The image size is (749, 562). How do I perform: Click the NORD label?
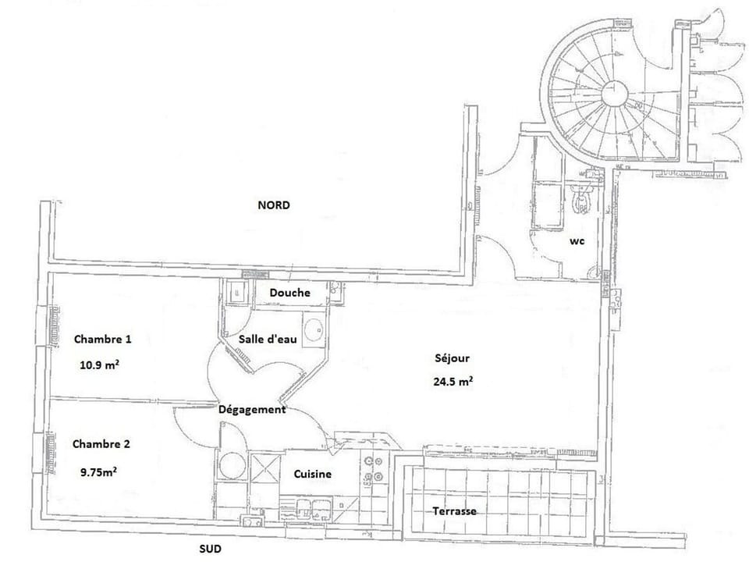pos(273,206)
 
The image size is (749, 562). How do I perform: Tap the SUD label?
pos(210,549)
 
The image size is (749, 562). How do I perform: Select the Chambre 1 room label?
pos(102,340)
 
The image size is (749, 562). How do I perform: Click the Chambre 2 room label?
pos(101,444)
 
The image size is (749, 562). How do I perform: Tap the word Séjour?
pos(453,359)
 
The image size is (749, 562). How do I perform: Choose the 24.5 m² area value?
pos(453,382)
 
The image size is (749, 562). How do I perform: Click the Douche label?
pos(289,293)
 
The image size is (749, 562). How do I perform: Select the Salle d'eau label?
pos(264,340)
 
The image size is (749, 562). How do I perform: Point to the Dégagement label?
pos(252,409)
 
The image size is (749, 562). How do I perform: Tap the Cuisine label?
pos(313,475)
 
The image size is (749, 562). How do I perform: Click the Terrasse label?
pos(454,511)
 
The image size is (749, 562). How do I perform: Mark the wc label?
pos(577,242)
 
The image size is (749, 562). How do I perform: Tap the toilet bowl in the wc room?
pos(581,199)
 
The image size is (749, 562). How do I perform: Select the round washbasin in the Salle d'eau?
pos(314,328)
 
